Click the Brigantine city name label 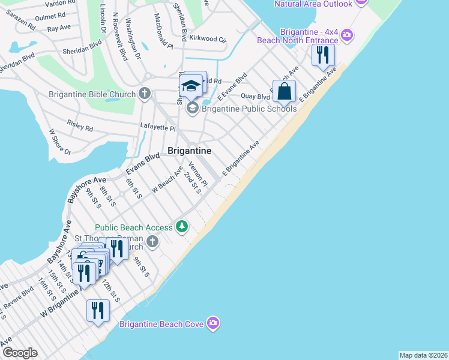click(189, 151)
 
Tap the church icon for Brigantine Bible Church click(144, 94)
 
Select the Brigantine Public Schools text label click(249, 109)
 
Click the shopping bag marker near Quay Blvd click(285, 91)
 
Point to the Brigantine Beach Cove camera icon click(213, 324)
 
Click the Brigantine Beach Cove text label click(161, 325)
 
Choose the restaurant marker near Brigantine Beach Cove click(97, 311)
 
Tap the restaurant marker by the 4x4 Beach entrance click(323, 56)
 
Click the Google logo click(20, 353)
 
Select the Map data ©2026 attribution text click(423, 355)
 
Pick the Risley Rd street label click(80, 125)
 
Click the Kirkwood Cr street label click(207, 38)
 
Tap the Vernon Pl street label click(197, 174)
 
